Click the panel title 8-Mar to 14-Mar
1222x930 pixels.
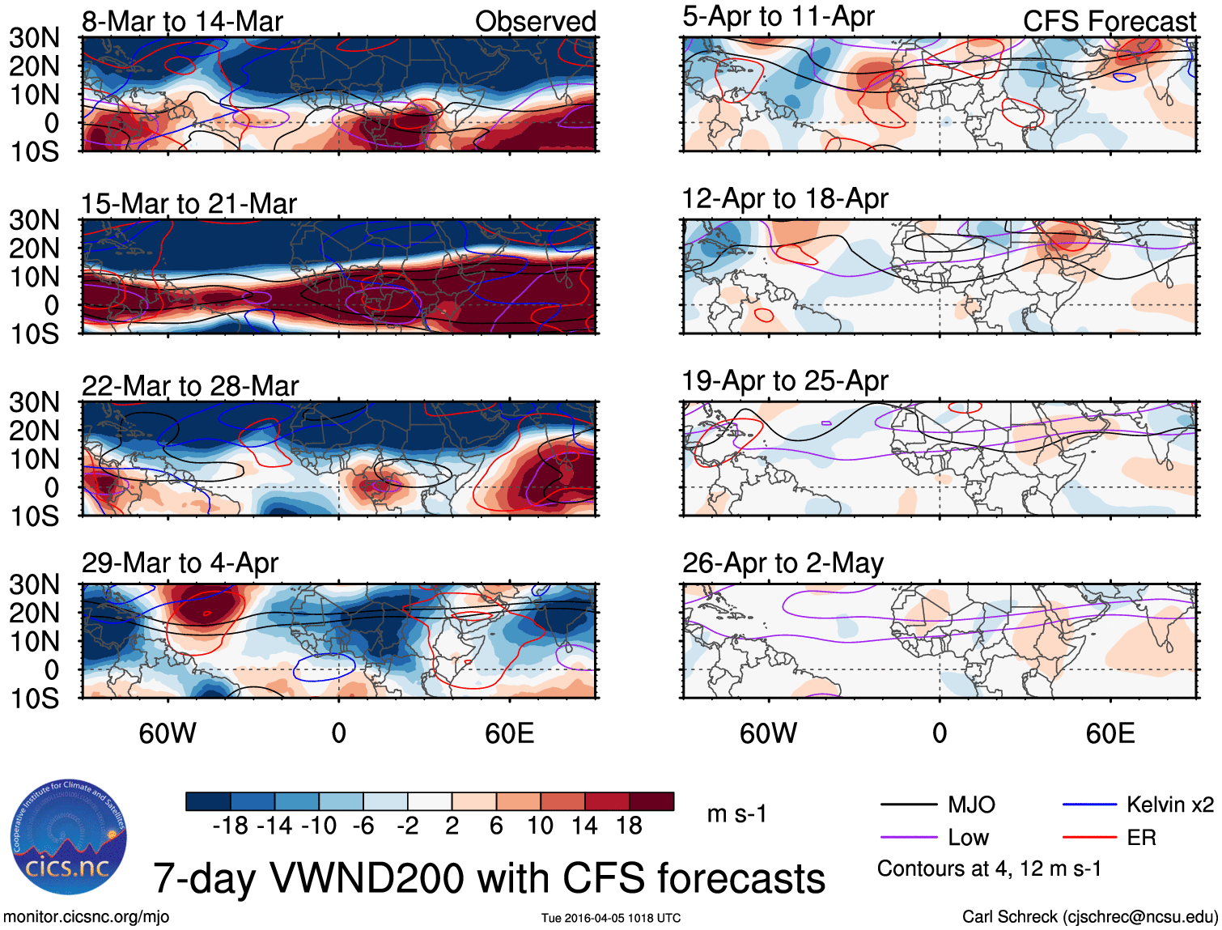(x=182, y=21)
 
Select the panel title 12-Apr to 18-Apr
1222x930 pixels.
(x=785, y=198)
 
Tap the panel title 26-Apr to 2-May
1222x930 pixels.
(x=783, y=563)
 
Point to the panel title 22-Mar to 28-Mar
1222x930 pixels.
(x=190, y=385)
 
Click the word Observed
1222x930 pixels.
(x=535, y=21)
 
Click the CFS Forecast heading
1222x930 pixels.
(x=1109, y=21)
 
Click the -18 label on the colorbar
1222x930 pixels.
(x=230, y=826)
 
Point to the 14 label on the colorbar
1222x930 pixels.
(x=584, y=826)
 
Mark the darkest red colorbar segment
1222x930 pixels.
(x=651, y=801)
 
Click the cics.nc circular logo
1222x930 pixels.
(x=69, y=837)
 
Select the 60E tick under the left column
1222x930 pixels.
(x=509, y=733)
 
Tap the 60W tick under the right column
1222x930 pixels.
(x=768, y=733)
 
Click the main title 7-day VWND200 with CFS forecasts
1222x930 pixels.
(x=489, y=878)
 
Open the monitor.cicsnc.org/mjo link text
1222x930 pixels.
(x=86, y=916)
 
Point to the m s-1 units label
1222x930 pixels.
(x=736, y=813)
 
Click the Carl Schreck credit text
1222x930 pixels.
(x=1089, y=916)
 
